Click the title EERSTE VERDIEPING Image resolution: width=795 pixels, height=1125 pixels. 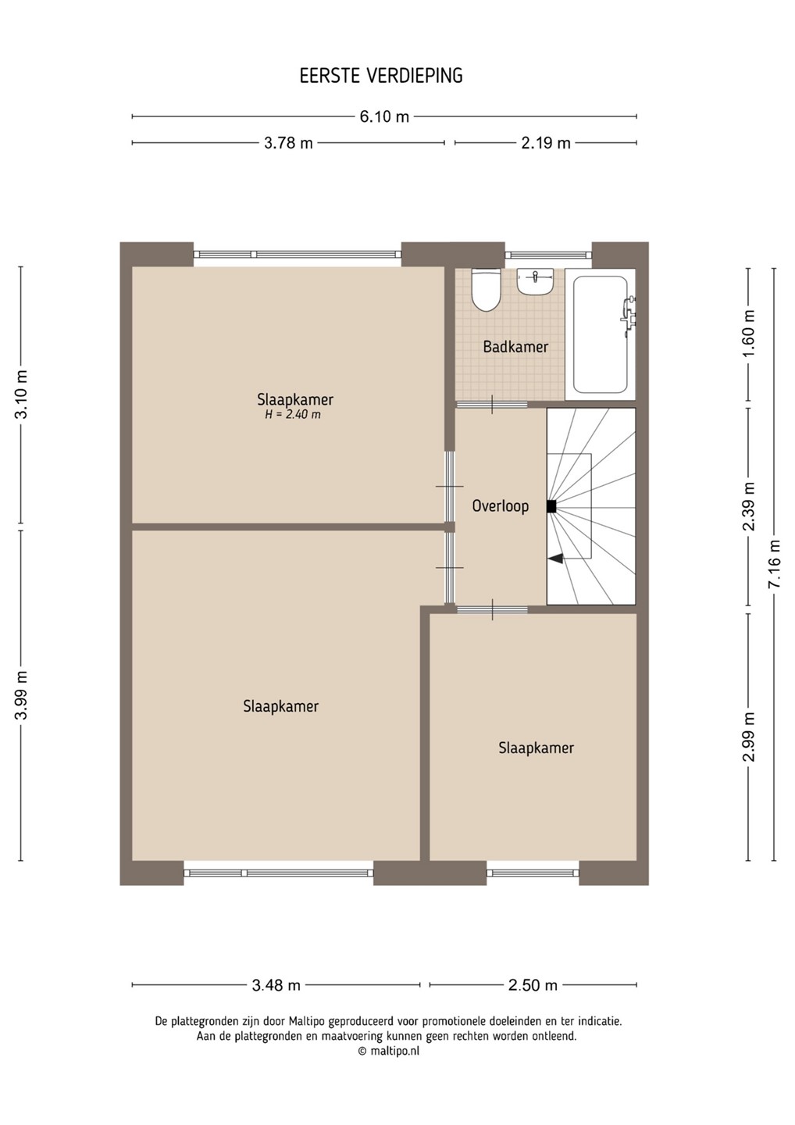pyautogui.click(x=381, y=76)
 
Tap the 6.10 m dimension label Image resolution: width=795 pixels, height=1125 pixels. pyautogui.click(x=384, y=117)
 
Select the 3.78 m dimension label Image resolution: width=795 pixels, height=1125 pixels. pyautogui.click(x=289, y=143)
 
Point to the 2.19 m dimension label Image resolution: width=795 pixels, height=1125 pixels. pyautogui.click(x=546, y=143)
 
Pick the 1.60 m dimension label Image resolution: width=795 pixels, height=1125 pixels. pyautogui.click(x=750, y=334)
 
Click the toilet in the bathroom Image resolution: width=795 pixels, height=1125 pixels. pyautogui.click(x=486, y=290)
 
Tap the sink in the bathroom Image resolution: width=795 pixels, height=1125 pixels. pyautogui.click(x=536, y=281)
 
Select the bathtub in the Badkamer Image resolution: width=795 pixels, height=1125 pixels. pyautogui.click(x=601, y=335)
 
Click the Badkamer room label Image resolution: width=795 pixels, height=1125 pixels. pyautogui.click(x=515, y=347)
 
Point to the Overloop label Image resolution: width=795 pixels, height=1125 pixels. pyautogui.click(x=501, y=505)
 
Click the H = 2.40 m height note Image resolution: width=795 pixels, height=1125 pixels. pyautogui.click(x=293, y=414)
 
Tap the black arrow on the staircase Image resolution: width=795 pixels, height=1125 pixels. pyautogui.click(x=555, y=558)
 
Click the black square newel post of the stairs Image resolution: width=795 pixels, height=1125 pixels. pyautogui.click(x=551, y=507)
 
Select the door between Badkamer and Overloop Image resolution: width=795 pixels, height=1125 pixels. pyautogui.click(x=492, y=405)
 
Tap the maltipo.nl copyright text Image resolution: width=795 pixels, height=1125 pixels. pyautogui.click(x=389, y=1051)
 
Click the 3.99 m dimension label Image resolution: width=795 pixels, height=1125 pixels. pyautogui.click(x=21, y=695)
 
